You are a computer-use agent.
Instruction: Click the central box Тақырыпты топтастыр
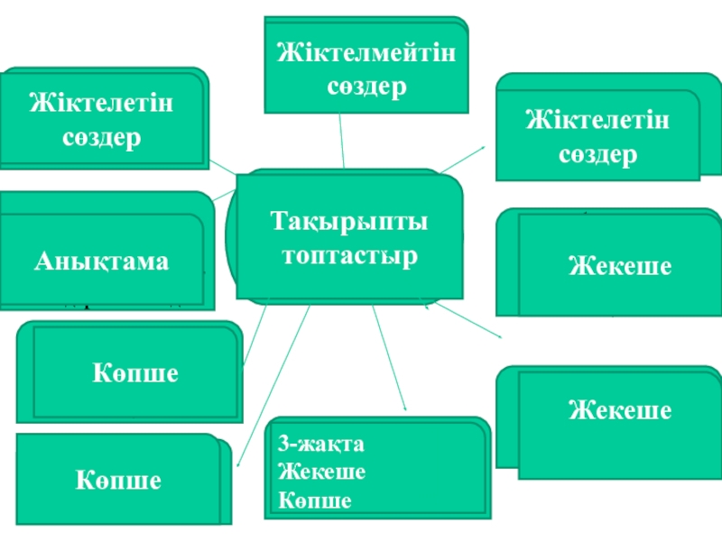(349, 237)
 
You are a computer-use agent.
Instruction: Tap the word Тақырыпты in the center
(349, 222)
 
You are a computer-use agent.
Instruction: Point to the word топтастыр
(349, 255)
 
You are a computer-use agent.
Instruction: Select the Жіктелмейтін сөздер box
(366, 66)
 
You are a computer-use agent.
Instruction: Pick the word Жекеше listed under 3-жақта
(321, 472)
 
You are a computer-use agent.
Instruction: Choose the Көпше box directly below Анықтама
(134, 373)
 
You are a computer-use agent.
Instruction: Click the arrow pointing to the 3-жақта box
(389, 361)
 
